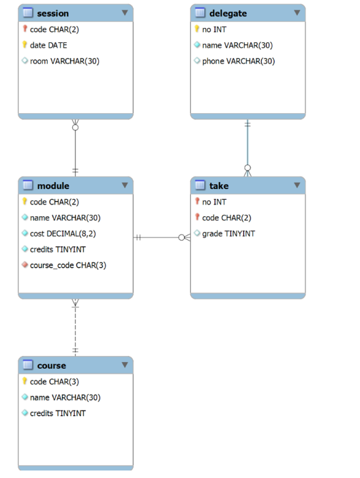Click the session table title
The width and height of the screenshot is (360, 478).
coord(52,13)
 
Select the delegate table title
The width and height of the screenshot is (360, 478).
coord(228,13)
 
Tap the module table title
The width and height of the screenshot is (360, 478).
coord(52,185)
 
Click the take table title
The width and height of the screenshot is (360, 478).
coord(219,185)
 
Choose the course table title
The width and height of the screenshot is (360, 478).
coord(51,365)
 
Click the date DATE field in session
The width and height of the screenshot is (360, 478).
coord(48,45)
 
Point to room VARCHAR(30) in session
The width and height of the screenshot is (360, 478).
coord(64,61)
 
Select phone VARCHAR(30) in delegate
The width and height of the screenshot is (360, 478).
coord(238,61)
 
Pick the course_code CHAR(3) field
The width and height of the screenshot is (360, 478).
coord(67,265)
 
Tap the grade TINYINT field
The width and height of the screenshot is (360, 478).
coord(228,233)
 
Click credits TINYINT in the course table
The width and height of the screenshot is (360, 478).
coord(57,413)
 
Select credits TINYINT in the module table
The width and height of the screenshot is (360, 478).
coord(57,249)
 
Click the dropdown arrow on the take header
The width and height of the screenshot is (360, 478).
coord(297,185)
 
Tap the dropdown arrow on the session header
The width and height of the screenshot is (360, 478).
coord(125,13)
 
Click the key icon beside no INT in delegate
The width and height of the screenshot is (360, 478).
coord(197,29)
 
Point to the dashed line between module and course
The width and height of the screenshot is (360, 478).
coord(75,327)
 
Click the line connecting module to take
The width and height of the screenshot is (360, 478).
coord(161,237)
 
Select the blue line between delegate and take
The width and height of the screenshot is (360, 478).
coord(247,147)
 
